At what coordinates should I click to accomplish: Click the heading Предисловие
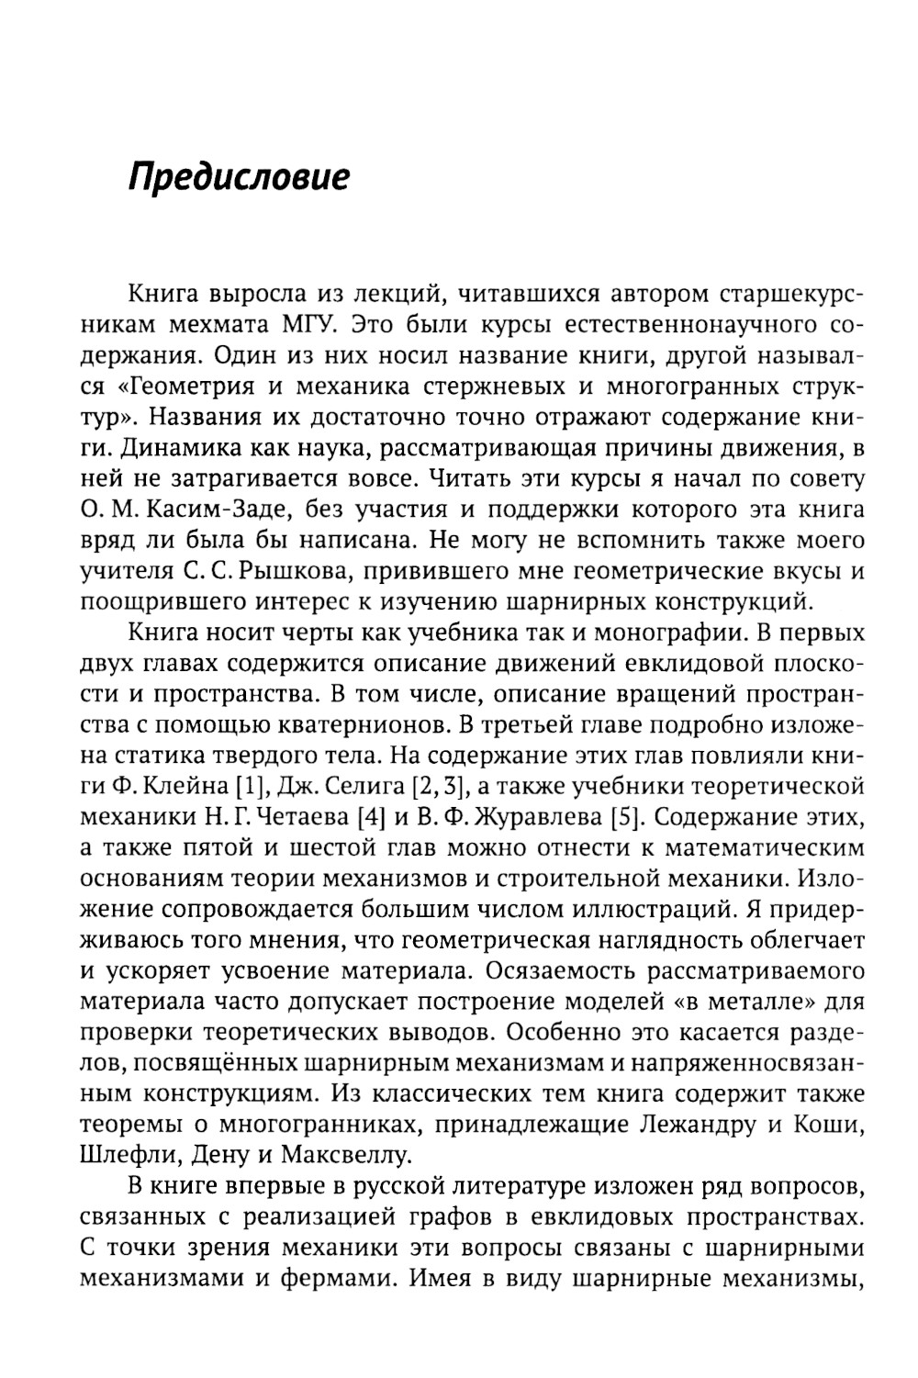click(239, 175)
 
